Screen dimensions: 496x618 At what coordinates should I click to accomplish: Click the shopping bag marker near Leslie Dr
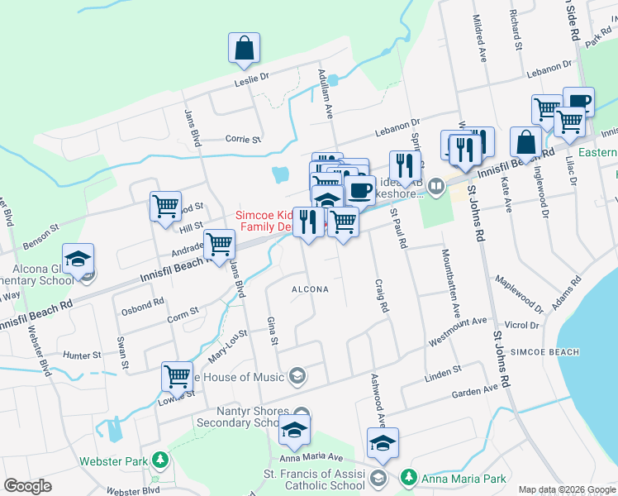tap(245, 50)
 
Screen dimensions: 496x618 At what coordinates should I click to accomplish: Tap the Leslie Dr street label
tap(252, 78)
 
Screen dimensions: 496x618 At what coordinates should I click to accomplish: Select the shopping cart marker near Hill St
tap(166, 207)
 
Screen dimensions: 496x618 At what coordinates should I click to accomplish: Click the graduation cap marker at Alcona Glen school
tap(78, 260)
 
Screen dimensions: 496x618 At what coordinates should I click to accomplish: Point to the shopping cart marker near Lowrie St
tap(178, 377)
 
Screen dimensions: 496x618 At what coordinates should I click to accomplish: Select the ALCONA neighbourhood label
tap(310, 289)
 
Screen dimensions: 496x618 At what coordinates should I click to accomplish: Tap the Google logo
tap(28, 486)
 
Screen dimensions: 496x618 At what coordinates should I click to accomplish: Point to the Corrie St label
tap(243, 140)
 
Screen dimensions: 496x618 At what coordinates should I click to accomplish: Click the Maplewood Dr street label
tap(519, 293)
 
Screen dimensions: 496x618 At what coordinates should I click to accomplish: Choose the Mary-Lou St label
tap(229, 343)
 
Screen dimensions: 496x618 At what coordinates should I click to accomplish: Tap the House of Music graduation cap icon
tap(296, 377)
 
